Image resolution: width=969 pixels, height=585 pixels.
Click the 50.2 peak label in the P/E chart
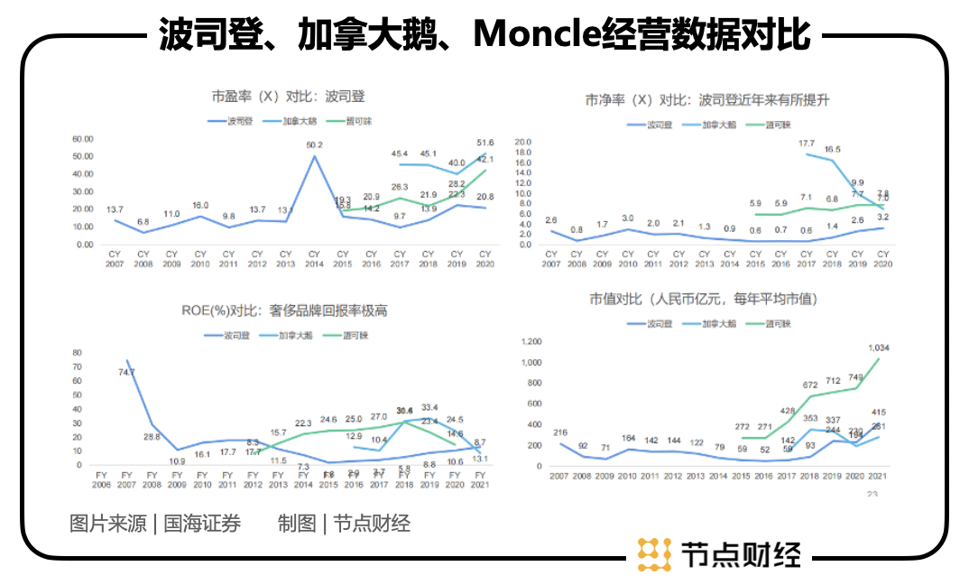(x=315, y=144)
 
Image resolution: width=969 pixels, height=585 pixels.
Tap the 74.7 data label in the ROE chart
(x=126, y=372)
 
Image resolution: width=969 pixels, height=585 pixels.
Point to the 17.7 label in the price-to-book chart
(x=807, y=144)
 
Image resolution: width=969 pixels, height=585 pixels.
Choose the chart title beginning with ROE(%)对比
(x=284, y=311)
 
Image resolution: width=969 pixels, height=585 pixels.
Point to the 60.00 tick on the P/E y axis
(x=83, y=139)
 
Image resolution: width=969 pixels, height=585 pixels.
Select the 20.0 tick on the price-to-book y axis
(x=523, y=143)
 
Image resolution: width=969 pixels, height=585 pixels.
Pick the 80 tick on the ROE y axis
(x=77, y=354)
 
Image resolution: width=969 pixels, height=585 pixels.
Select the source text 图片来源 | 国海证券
(x=155, y=524)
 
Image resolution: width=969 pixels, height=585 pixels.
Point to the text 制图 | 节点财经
(x=344, y=524)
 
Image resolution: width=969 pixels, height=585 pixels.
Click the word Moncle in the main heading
(x=534, y=34)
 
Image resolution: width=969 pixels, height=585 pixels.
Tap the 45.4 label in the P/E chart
(x=399, y=154)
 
